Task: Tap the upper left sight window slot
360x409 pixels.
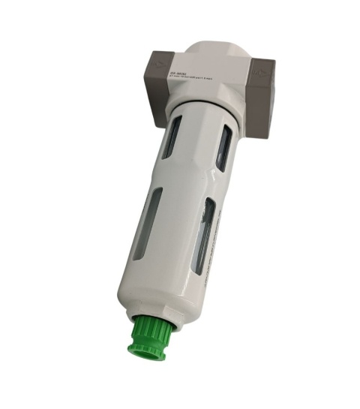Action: coord(172,138)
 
